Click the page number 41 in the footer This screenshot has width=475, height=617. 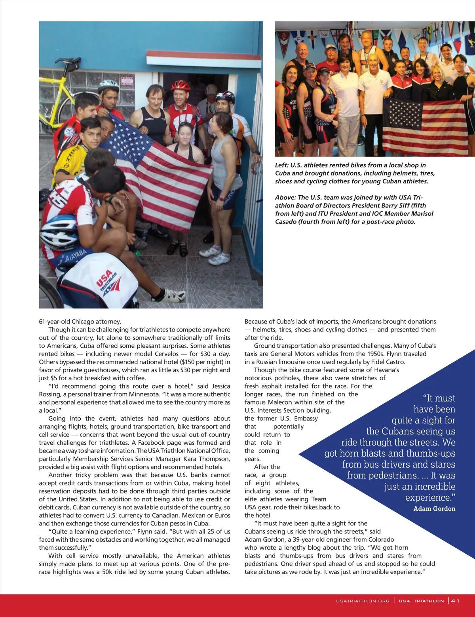(x=455, y=601)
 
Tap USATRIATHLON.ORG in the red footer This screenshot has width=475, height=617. (x=363, y=601)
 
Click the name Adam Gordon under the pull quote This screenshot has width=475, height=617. (x=434, y=508)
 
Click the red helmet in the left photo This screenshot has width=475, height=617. (x=180, y=85)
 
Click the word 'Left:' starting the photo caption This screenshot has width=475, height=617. (x=282, y=165)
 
